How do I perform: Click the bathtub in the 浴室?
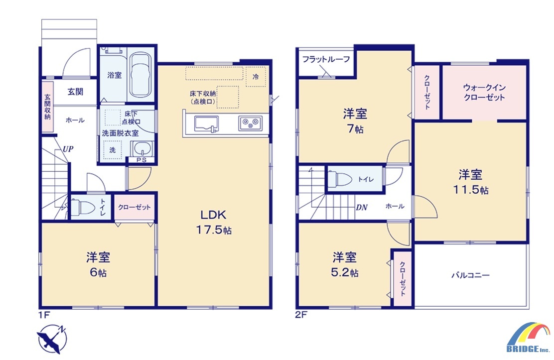tap(140, 75)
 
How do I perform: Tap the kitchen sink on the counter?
tap(206, 124)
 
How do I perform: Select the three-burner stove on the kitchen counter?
tap(250, 123)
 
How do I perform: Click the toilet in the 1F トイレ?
tap(83, 207)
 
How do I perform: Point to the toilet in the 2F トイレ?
tap(340, 179)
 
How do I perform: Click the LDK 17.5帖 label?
tap(213, 222)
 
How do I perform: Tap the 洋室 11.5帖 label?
tap(471, 182)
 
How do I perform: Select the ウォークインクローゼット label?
tap(484, 92)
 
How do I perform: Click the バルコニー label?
tap(471, 275)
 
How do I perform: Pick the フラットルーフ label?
tap(326, 59)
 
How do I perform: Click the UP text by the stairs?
tap(68, 149)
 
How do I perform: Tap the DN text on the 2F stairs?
tap(361, 207)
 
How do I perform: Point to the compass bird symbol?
tap(52, 339)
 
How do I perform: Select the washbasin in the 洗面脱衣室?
tap(142, 148)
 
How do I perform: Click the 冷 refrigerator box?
tap(256, 76)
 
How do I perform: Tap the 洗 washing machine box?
tap(113, 150)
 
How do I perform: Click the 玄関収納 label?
tap(47, 107)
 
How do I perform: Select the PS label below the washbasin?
tap(141, 160)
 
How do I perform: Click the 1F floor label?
tap(44, 314)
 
